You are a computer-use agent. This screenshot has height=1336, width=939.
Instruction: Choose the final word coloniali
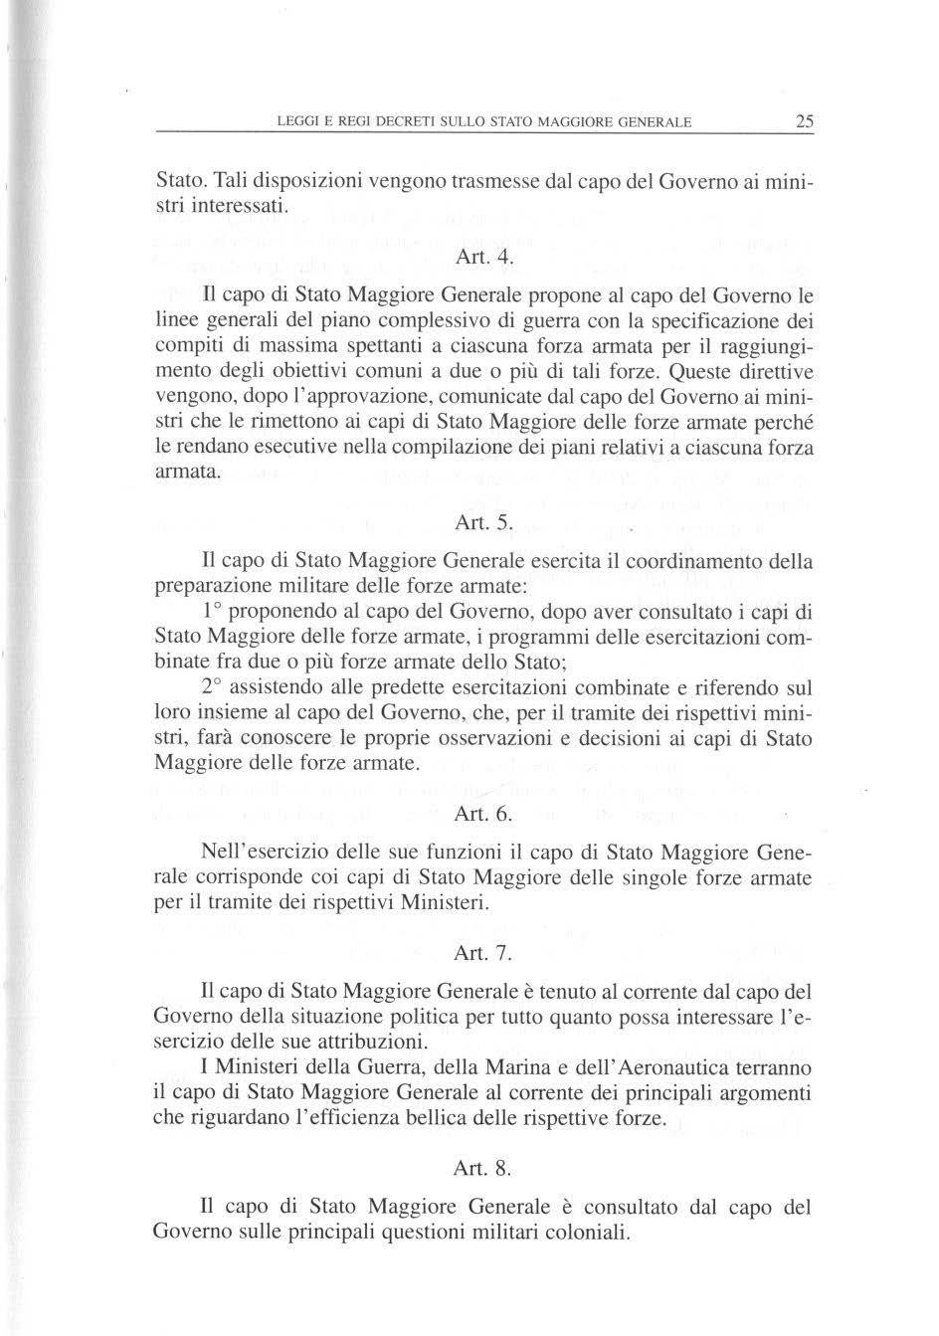[x=581, y=1233]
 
